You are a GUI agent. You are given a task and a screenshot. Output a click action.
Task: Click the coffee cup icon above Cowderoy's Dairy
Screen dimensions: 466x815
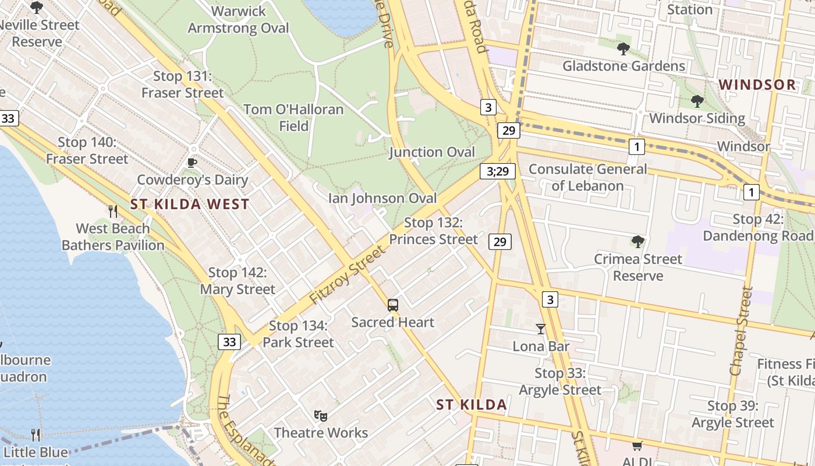point(192,163)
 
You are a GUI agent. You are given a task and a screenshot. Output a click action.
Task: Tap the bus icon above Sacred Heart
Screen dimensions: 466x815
point(393,305)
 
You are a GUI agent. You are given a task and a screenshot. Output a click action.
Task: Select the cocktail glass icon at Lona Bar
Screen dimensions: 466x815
point(541,329)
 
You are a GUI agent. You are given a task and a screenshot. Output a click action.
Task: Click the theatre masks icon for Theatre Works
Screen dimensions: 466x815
point(320,415)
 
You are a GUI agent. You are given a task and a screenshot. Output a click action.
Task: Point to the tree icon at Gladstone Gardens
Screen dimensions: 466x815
point(623,49)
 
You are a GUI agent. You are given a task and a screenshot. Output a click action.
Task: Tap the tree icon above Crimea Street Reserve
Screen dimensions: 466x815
point(638,241)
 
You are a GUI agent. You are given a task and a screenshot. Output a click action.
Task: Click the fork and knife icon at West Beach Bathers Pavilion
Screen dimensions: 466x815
point(113,211)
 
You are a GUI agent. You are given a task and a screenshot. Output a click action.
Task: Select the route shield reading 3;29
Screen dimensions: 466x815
point(498,171)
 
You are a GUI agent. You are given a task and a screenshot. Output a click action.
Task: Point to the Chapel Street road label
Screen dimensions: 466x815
point(740,331)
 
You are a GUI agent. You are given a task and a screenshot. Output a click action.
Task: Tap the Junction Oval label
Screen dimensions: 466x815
point(432,153)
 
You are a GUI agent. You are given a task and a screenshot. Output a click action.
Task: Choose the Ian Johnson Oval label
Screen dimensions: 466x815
point(382,198)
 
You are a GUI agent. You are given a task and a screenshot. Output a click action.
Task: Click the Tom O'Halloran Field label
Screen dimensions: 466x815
point(293,117)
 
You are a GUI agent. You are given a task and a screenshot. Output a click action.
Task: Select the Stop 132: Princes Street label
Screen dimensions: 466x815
point(433,231)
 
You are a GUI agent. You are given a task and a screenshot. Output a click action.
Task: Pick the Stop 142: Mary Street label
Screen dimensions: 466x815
point(238,281)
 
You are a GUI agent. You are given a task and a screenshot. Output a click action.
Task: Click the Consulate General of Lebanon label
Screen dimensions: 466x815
point(587,178)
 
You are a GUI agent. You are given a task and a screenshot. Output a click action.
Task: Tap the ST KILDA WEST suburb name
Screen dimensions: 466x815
point(190,204)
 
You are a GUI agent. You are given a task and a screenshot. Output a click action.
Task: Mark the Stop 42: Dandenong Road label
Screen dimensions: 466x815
point(758,228)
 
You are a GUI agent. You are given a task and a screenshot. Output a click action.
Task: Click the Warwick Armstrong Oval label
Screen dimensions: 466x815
point(238,20)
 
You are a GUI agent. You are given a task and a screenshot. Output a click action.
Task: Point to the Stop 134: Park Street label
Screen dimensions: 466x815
point(298,334)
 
